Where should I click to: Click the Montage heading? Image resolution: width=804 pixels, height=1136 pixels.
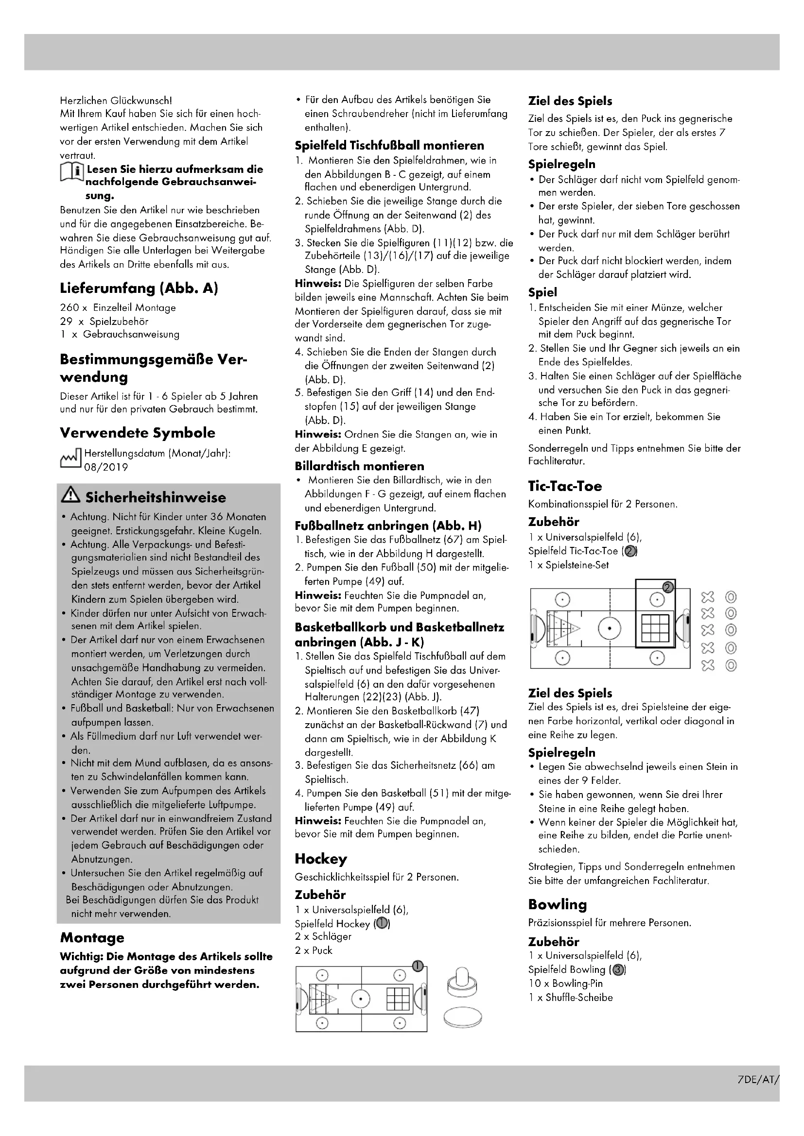(92, 937)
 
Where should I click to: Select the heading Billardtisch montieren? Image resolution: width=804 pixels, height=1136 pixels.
(359, 466)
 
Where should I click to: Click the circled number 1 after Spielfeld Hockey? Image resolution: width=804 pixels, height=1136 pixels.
(382, 923)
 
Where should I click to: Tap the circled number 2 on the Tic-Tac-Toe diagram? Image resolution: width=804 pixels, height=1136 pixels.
(667, 587)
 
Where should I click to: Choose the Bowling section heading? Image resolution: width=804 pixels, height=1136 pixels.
(557, 904)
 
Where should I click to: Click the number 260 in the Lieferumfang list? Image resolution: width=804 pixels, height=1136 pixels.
(70, 308)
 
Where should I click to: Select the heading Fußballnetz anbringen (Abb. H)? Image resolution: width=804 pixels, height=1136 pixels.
(388, 526)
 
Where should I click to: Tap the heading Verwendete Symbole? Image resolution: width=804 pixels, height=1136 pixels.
(138, 432)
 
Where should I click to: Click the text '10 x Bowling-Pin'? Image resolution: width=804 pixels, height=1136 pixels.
(565, 983)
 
